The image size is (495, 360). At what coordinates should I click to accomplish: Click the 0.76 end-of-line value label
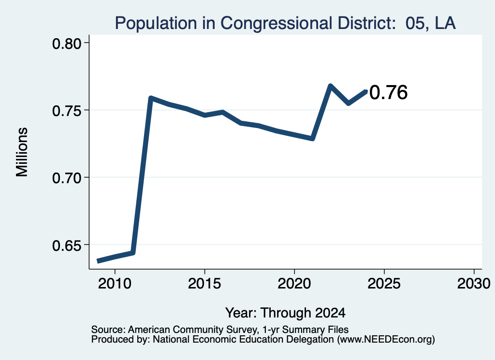click(x=388, y=92)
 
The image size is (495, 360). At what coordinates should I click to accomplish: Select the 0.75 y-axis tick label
click(x=67, y=111)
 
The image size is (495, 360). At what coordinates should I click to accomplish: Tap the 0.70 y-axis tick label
click(x=67, y=178)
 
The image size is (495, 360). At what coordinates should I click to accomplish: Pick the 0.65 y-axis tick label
click(x=67, y=245)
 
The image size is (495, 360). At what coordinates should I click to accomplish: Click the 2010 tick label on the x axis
click(x=115, y=283)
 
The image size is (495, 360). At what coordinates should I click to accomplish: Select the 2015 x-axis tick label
click(x=204, y=283)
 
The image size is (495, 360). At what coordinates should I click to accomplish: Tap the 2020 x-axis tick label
click(x=294, y=283)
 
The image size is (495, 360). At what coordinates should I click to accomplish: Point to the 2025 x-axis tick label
click(x=384, y=283)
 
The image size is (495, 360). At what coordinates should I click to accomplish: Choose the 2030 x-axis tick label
click(x=474, y=283)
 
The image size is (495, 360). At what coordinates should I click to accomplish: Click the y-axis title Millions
click(x=22, y=152)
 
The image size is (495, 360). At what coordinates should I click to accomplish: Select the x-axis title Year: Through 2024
click(x=285, y=313)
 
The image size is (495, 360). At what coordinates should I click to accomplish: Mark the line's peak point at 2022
click(x=330, y=86)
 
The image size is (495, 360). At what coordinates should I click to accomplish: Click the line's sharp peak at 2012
click(x=151, y=98)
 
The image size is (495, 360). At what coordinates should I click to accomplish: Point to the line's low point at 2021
click(x=313, y=139)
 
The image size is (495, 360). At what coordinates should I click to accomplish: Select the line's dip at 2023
click(x=348, y=103)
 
